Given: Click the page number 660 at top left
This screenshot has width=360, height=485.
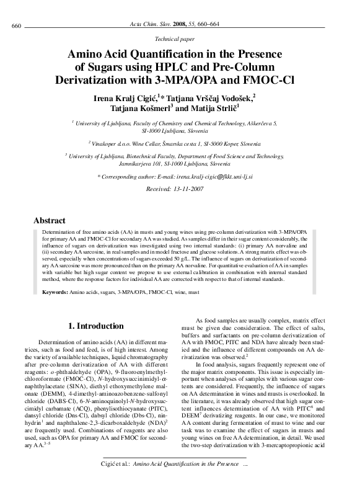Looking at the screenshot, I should click(x=17, y=25).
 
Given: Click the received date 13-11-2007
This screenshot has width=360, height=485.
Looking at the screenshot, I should click(x=196, y=189).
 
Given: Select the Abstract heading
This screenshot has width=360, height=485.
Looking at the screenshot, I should click(x=49, y=221).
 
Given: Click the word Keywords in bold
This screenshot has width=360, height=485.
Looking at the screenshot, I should click(x=55, y=291).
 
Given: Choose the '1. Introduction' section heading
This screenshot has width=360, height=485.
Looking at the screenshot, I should click(x=95, y=325).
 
